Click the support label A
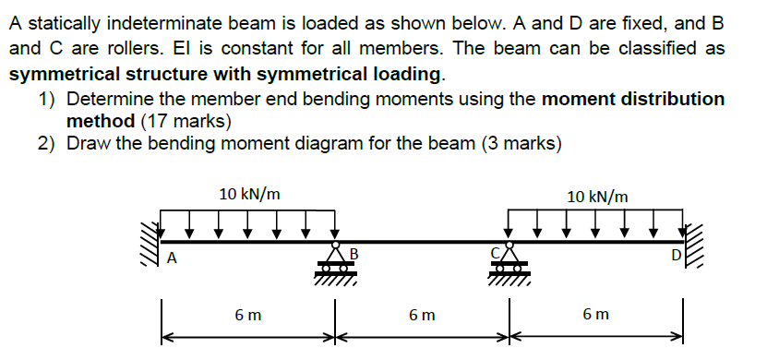click(171, 258)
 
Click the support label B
click(352, 252)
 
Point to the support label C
click(496, 251)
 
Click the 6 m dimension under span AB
click(246, 316)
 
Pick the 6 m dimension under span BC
click(421, 316)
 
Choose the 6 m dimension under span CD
click(596, 316)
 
